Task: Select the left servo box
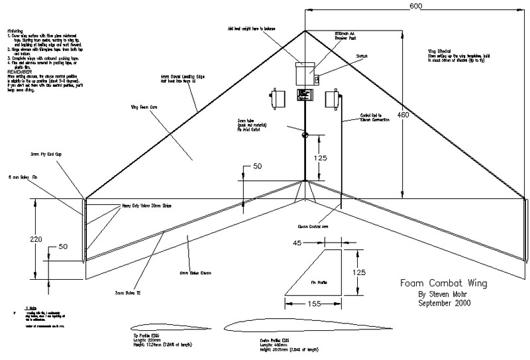[x=278, y=99]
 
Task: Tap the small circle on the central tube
[x=305, y=135]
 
